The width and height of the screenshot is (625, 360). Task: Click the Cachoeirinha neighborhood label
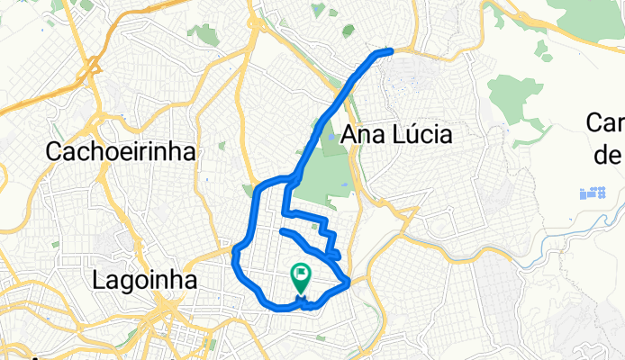[121, 152]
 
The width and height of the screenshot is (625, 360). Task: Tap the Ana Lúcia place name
[396, 135]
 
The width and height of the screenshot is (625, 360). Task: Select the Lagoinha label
[144, 280]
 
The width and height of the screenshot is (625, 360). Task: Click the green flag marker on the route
[300, 275]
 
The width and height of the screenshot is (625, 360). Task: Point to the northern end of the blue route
[391, 50]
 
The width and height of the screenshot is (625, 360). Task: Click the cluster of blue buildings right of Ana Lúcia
[593, 193]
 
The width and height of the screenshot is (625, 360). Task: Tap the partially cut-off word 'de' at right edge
[609, 155]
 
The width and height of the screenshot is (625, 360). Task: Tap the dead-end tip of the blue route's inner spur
[283, 232]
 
